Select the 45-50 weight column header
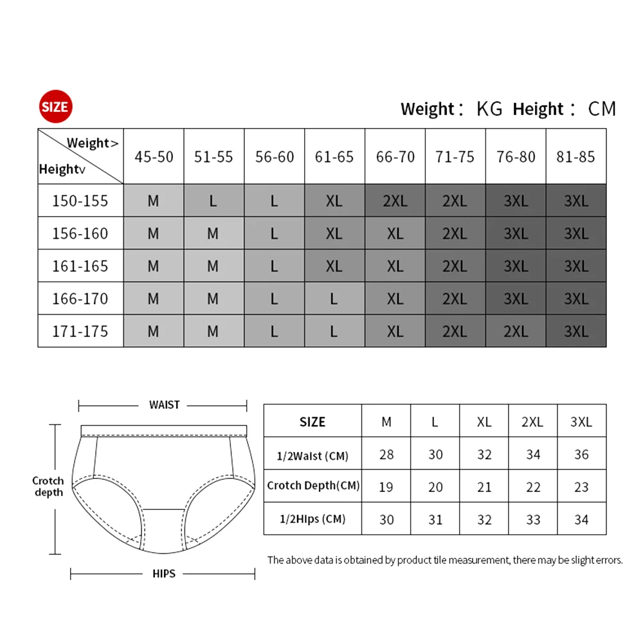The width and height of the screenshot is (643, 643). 154,157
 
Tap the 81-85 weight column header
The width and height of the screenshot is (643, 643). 575,157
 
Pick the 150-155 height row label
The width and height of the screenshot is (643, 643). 80,201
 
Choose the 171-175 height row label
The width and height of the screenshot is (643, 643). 80,331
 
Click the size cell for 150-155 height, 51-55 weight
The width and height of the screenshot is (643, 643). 213,201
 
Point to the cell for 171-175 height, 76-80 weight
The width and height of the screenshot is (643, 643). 516,331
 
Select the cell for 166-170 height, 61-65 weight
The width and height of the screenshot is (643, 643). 334,298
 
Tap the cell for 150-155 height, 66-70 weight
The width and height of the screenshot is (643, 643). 395,201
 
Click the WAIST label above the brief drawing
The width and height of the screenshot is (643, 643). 164,405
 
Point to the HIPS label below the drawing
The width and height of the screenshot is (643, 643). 164,574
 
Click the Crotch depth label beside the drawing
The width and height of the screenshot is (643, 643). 48,486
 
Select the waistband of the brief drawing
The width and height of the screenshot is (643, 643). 164,430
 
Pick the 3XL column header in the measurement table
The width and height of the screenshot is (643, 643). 581,422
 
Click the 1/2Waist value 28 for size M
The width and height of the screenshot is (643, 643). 386,455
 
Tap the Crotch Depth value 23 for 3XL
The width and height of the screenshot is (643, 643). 581,487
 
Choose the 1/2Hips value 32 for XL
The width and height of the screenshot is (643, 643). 484,520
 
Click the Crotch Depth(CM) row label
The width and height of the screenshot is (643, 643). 313,485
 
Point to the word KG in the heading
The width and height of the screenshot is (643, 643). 489,109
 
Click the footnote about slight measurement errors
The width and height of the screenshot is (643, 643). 445,560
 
